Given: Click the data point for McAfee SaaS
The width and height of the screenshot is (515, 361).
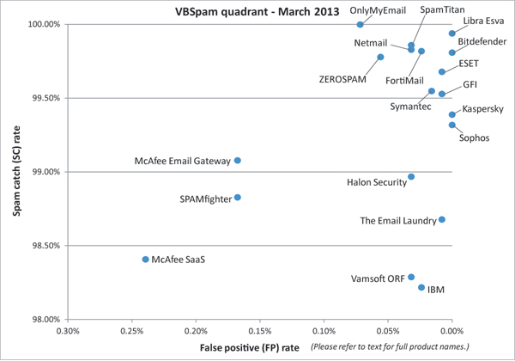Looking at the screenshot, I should [x=145, y=259].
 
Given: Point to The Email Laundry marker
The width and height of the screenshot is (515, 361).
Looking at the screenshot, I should [x=442, y=220].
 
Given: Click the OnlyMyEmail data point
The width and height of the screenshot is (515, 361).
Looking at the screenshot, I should [x=360, y=25].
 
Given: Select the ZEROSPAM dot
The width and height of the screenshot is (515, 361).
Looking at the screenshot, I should [x=380, y=58].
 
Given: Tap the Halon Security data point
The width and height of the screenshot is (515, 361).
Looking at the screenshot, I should [x=411, y=177].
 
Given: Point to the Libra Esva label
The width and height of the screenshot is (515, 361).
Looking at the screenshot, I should [x=483, y=20].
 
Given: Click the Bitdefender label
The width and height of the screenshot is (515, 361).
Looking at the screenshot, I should [x=481, y=41].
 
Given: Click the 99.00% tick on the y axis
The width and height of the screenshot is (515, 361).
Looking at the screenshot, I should [x=43, y=172].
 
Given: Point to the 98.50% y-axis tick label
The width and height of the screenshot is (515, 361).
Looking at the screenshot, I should [x=43, y=246].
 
